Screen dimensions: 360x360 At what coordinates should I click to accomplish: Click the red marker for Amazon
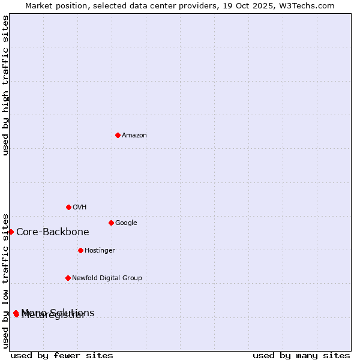(118, 135)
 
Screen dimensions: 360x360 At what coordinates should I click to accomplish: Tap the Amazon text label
(134, 136)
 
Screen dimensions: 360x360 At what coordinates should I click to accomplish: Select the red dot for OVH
(68, 207)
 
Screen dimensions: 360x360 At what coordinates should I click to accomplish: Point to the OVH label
(80, 208)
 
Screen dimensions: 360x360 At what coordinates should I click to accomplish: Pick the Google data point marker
(111, 223)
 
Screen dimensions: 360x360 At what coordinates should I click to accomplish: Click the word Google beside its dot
(126, 223)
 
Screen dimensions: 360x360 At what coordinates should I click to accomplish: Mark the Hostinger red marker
(80, 250)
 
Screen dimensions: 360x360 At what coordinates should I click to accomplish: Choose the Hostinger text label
(100, 251)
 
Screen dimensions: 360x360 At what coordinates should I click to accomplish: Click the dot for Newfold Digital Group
(68, 278)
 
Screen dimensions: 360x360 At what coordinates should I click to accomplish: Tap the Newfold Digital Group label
(107, 278)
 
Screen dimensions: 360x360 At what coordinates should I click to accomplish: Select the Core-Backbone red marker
(11, 232)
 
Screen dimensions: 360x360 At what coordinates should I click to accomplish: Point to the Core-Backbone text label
(53, 232)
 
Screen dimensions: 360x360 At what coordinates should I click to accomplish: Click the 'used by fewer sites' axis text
(62, 355)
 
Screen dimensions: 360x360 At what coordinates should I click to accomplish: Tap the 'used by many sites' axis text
(301, 355)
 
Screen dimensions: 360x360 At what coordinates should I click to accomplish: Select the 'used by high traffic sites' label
(5, 85)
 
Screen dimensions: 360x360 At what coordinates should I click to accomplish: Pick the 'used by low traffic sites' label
(5, 281)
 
